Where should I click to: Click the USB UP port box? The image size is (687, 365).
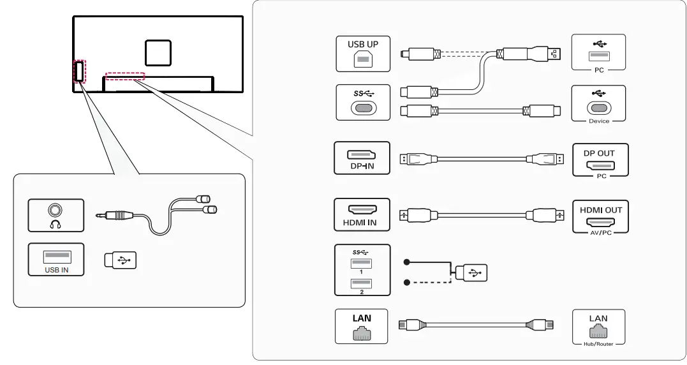(x=363, y=54)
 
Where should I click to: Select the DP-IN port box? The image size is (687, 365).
(x=362, y=158)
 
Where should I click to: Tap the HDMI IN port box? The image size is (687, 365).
(x=362, y=214)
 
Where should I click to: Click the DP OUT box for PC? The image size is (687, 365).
(x=600, y=160)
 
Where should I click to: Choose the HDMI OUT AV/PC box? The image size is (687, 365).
(x=600, y=217)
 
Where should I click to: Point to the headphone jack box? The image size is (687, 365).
(x=55, y=216)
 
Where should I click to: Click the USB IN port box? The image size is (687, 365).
(x=55, y=260)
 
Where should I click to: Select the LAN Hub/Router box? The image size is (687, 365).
(x=598, y=327)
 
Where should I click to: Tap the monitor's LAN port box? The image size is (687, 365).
(x=362, y=327)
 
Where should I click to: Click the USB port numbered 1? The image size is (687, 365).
(x=361, y=264)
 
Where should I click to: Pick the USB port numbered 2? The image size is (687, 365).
(x=361, y=283)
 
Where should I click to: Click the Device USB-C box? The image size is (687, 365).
(x=598, y=103)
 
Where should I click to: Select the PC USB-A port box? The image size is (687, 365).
(x=598, y=52)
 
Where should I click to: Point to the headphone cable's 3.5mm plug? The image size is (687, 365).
(x=114, y=216)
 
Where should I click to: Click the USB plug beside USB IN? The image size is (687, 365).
(x=121, y=260)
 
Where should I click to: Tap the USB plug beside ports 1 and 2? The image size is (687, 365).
(x=471, y=272)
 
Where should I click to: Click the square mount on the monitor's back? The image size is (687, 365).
(x=158, y=52)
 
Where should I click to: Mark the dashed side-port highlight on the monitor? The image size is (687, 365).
(x=79, y=71)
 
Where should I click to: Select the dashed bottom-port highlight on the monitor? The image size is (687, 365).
(x=125, y=76)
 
